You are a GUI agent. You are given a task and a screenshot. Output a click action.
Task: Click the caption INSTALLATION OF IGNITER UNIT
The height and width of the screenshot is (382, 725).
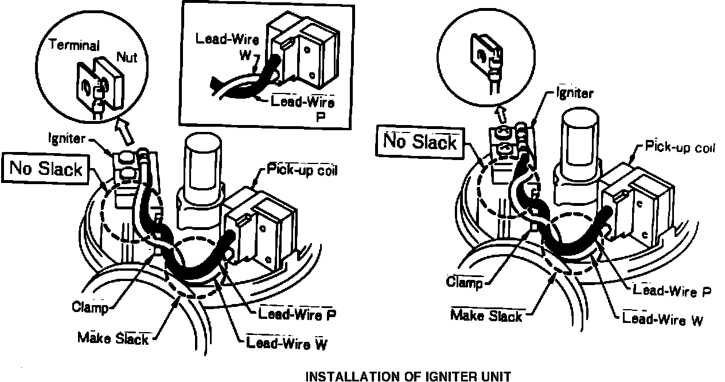click(408, 376)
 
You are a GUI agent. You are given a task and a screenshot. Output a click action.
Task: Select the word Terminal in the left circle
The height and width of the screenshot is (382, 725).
click(73, 45)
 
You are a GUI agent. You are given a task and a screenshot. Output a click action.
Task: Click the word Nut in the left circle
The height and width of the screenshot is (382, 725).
click(127, 56)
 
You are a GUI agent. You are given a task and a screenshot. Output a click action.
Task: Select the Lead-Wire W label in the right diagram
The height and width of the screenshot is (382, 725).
click(662, 319)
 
